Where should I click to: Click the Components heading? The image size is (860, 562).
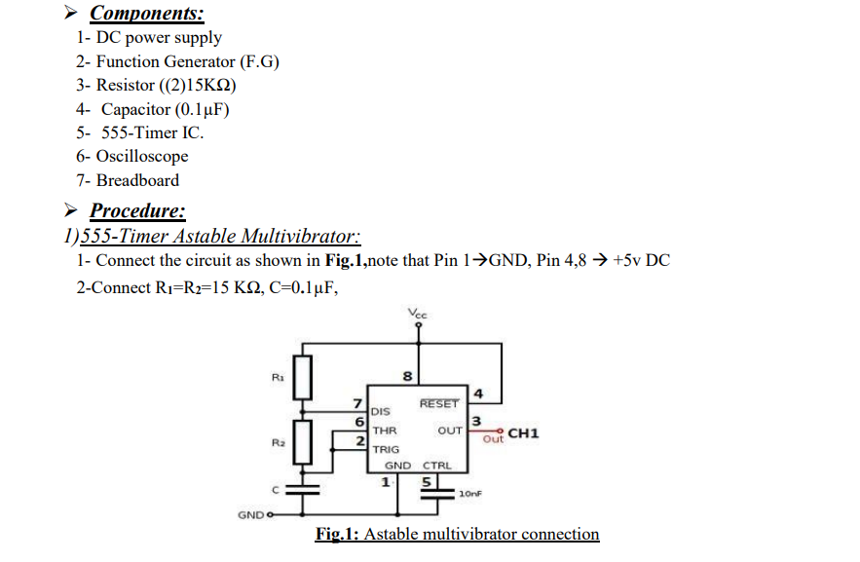(146, 14)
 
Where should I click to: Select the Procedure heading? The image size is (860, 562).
(137, 210)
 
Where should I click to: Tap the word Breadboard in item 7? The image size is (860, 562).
(137, 180)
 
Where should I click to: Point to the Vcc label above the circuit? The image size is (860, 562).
(419, 314)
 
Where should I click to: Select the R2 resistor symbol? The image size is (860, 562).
(301, 442)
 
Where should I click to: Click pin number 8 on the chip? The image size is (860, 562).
(408, 377)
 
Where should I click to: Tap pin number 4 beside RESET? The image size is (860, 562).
(478, 394)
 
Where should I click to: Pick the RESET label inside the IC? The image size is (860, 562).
(438, 404)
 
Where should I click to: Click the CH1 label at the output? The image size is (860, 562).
(522, 432)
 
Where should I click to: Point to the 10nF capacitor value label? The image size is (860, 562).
(470, 494)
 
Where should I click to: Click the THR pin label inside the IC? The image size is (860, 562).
(385, 430)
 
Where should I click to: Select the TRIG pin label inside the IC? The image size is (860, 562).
(387, 449)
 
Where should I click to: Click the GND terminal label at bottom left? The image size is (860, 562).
(249, 513)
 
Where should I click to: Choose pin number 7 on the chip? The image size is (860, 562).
(357, 403)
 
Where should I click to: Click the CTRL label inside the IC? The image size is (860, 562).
(436, 467)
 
